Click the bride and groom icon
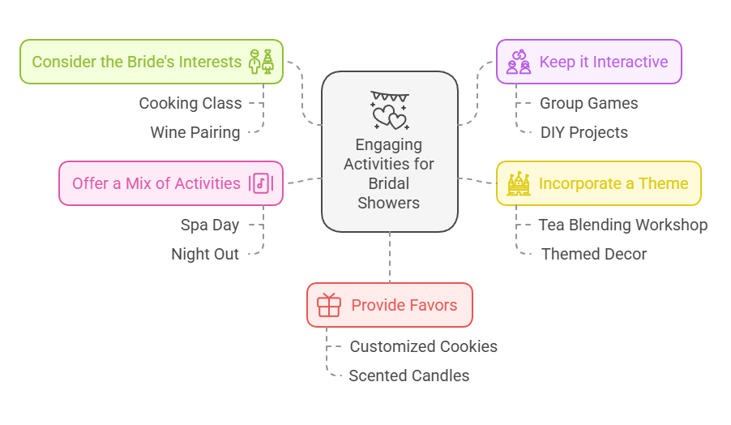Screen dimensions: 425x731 (x=261, y=62)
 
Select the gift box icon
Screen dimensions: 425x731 (x=329, y=305)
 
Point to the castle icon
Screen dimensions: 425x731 (x=519, y=183)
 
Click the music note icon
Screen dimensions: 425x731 (x=261, y=183)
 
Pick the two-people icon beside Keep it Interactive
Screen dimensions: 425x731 (x=519, y=62)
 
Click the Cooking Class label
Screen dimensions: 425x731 (x=190, y=103)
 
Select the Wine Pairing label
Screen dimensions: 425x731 (x=195, y=132)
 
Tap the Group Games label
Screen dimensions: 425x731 (x=589, y=103)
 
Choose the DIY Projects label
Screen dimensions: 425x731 (x=584, y=132)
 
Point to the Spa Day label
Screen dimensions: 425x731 (x=210, y=225)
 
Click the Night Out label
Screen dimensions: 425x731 (x=205, y=254)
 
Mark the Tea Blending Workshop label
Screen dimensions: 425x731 (x=623, y=225)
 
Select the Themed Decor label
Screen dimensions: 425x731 (x=594, y=254)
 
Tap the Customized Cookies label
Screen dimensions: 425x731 (x=424, y=346)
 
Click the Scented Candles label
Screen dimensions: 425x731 (x=409, y=376)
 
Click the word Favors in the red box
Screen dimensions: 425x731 (x=431, y=306)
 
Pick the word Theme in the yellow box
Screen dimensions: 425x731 (x=663, y=184)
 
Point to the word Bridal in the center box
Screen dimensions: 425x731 (x=389, y=183)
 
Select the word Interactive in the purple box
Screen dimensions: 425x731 (x=631, y=62)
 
